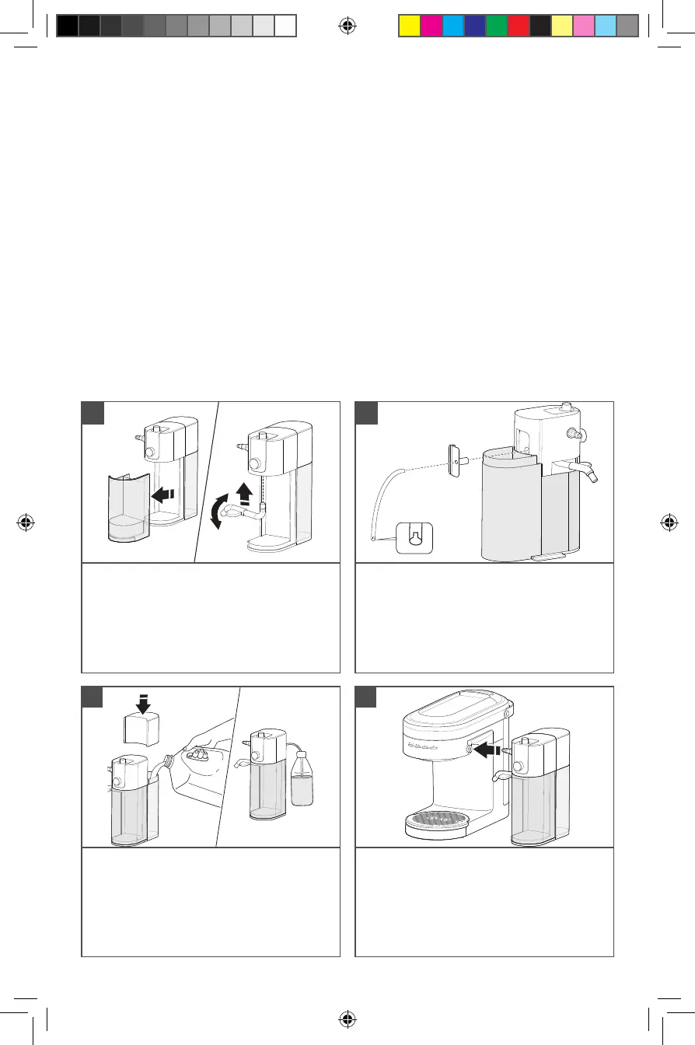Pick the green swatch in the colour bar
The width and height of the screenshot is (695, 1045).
497,26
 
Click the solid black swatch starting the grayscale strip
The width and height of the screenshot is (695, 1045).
68,26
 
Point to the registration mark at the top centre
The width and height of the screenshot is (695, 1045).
347,26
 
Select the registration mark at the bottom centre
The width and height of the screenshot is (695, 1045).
347,1019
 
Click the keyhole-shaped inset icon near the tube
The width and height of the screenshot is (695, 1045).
414,536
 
